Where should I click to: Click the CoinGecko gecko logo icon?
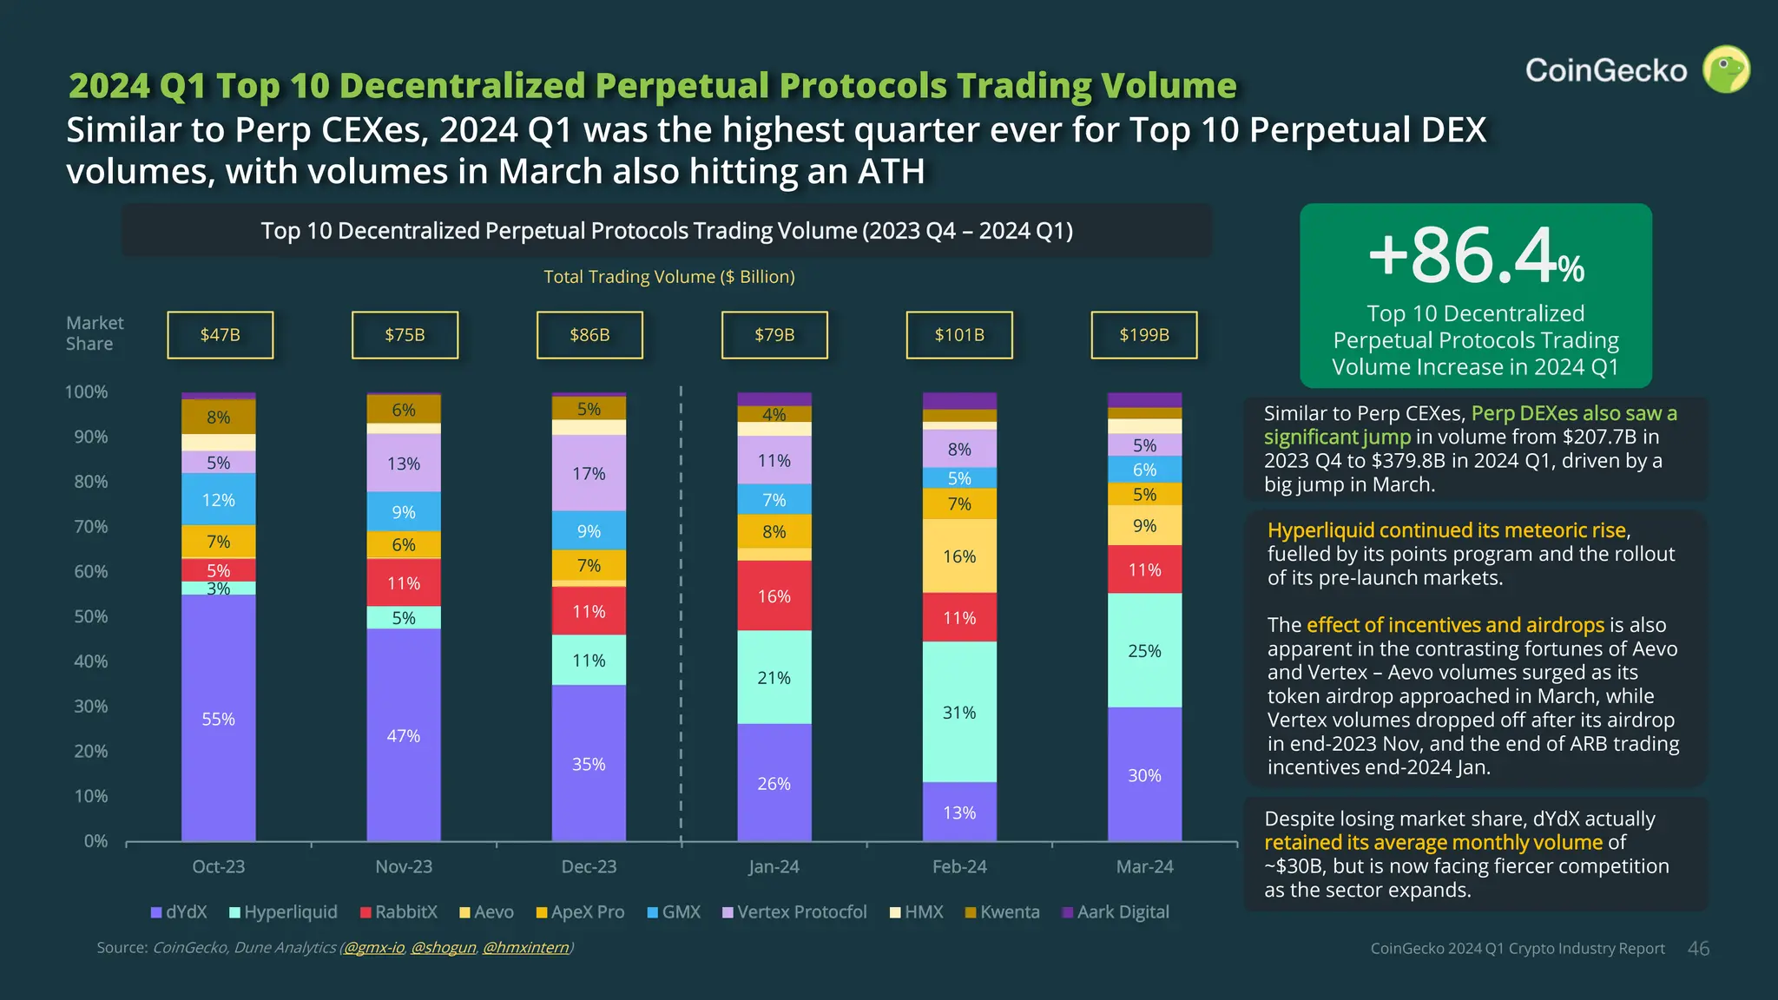coord(1725,69)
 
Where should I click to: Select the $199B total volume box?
coord(1143,335)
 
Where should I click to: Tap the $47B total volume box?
coord(220,335)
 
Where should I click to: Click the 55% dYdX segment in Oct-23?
coord(219,719)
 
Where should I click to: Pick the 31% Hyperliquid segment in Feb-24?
coord(959,712)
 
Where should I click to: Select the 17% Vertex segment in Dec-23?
coord(589,473)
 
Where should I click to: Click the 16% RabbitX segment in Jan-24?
coord(774,596)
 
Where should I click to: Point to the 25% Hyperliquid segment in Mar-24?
coord(1144,650)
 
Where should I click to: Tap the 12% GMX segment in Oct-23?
coord(219,499)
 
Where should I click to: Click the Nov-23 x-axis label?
coord(404,866)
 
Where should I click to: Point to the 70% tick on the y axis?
coord(90,527)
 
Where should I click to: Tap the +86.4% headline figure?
coord(1475,256)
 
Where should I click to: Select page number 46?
coord(1698,949)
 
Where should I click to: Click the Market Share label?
coord(95,333)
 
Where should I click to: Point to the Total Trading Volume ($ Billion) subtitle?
coord(668,277)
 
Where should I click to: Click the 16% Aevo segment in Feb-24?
coord(959,556)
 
